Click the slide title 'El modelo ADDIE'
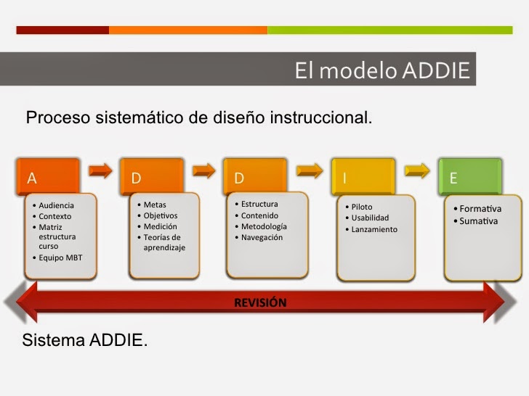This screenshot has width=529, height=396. (x=382, y=70)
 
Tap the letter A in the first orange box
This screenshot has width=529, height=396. (x=32, y=178)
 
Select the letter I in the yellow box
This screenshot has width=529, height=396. (x=344, y=178)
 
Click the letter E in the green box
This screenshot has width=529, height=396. (x=453, y=178)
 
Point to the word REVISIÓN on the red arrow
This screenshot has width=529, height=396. (x=260, y=302)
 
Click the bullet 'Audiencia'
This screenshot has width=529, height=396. (x=56, y=205)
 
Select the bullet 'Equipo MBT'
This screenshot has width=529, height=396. (x=60, y=257)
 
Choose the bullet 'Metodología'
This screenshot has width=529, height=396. (x=264, y=226)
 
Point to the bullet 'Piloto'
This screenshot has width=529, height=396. (x=361, y=207)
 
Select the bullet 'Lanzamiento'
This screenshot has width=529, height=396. (x=374, y=229)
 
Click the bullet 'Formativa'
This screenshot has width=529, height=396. (x=480, y=209)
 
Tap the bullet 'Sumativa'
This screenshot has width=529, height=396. (x=479, y=220)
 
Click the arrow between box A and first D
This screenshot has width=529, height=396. (x=101, y=170)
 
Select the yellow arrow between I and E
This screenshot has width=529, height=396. (x=416, y=170)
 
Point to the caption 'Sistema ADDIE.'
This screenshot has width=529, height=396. (x=85, y=339)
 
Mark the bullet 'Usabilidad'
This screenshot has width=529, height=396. (x=370, y=218)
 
